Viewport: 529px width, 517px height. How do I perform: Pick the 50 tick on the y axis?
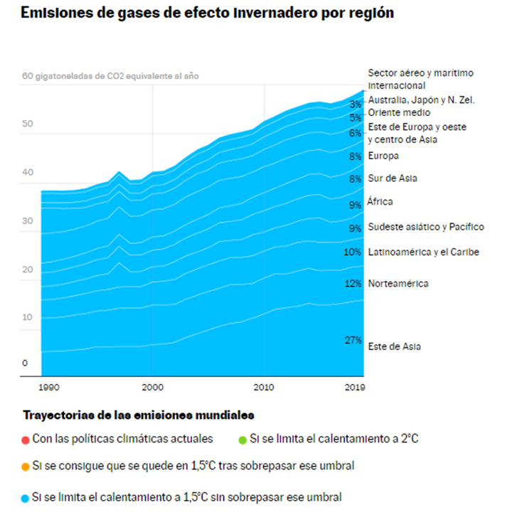click(27, 124)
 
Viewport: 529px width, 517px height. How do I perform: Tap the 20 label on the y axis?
click(27, 270)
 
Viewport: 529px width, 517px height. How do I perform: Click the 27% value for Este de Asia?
click(353, 340)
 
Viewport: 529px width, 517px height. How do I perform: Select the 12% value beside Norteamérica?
click(353, 283)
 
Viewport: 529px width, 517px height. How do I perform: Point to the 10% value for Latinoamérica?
click(353, 252)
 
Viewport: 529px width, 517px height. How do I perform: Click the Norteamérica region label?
click(399, 283)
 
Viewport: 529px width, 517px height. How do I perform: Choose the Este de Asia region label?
click(395, 346)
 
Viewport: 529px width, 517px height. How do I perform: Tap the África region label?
click(380, 202)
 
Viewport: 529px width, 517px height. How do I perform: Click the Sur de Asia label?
click(388, 178)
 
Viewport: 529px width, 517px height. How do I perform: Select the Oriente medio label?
click(399, 112)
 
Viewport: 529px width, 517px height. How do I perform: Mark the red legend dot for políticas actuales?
click(26, 439)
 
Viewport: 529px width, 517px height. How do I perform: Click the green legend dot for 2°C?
click(242, 439)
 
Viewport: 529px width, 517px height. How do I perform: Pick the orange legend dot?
click(26, 467)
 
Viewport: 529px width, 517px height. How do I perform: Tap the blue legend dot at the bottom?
click(26, 497)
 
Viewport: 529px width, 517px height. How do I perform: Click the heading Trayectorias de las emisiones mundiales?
click(139, 415)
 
